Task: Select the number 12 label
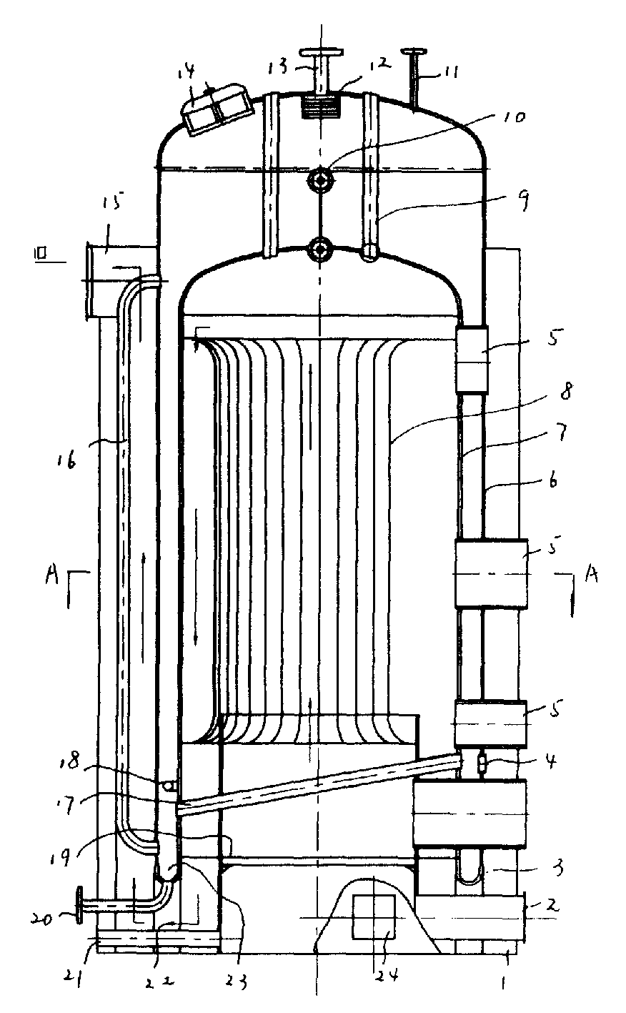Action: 379,64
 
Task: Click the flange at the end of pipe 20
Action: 78,906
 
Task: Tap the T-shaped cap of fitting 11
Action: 413,51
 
